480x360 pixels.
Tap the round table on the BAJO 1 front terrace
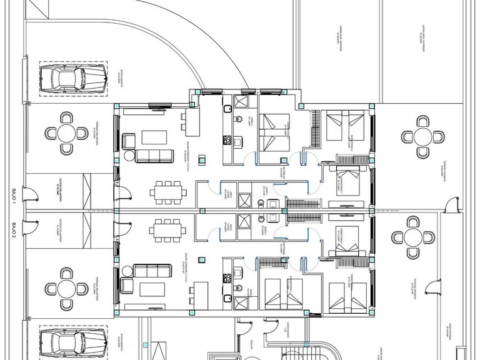pos(66,132)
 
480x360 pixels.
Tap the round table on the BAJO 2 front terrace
pos(66,288)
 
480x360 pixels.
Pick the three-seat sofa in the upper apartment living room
pos(154,155)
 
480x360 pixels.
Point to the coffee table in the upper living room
pos(154,136)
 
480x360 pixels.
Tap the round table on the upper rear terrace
pos(423,136)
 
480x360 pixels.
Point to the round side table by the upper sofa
pos(129,157)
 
